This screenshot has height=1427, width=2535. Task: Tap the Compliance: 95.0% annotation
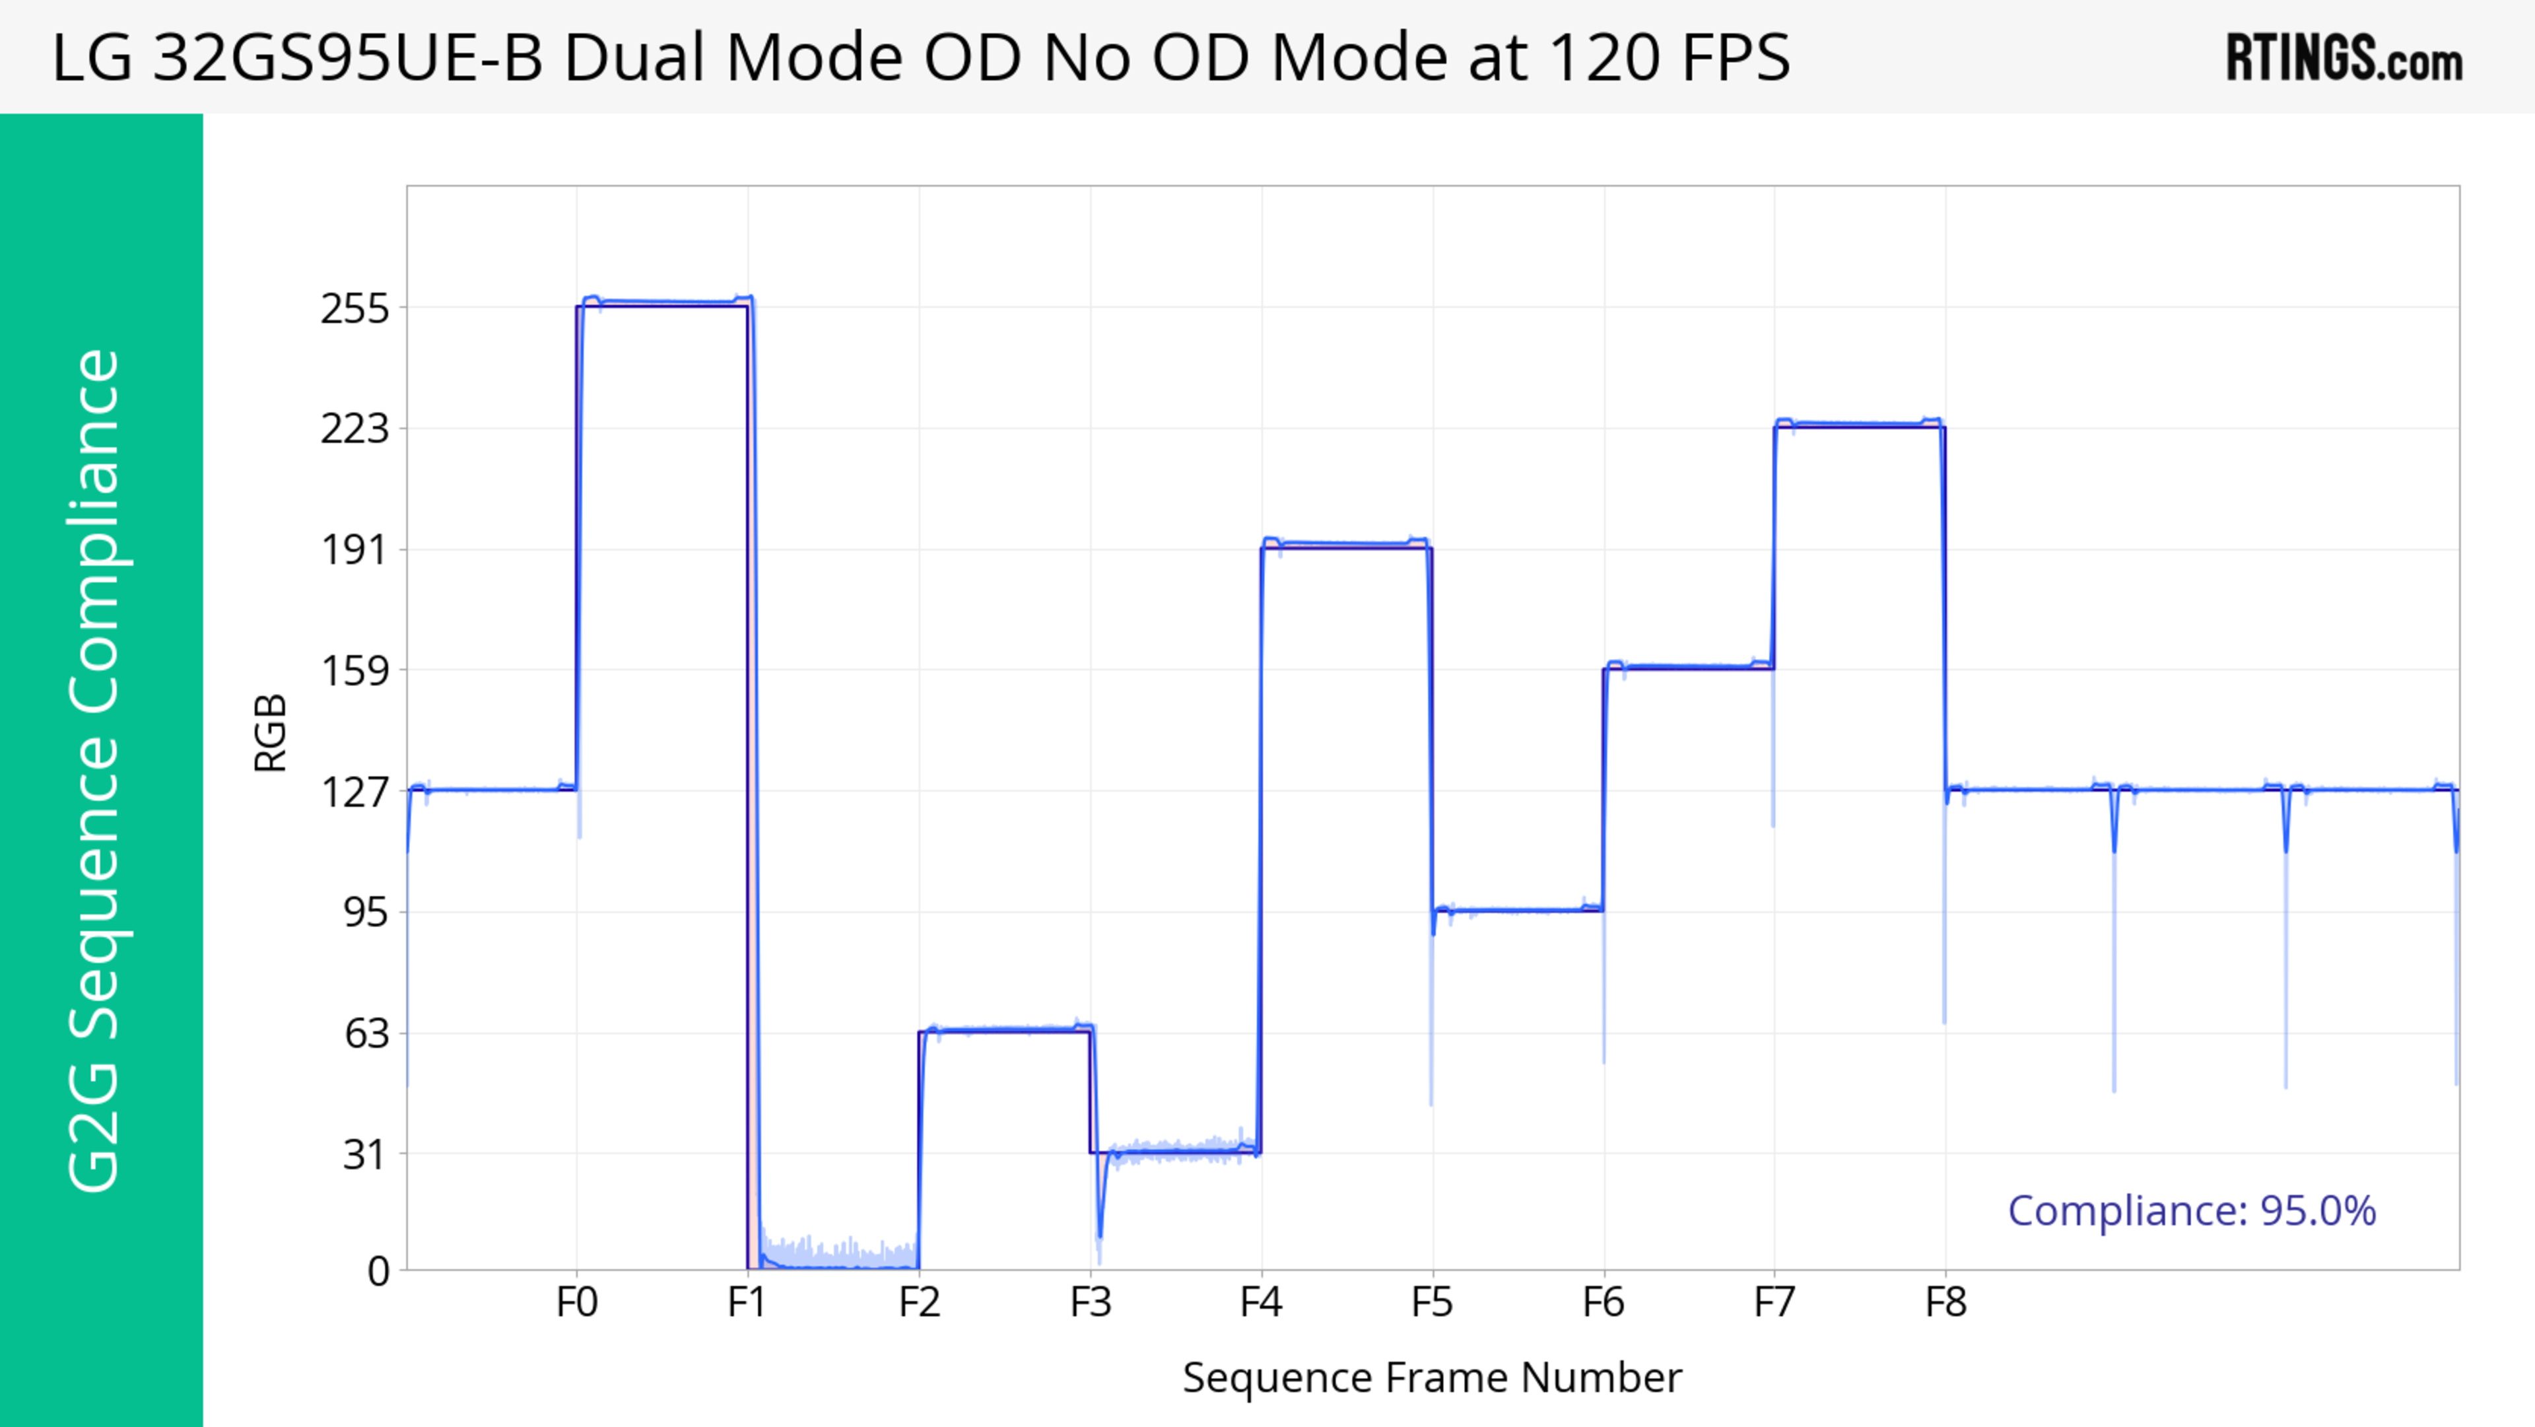coord(2192,1210)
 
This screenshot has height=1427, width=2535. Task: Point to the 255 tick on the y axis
coord(355,309)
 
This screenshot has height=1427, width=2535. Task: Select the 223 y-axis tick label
coord(355,429)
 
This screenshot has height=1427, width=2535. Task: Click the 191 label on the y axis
coord(355,550)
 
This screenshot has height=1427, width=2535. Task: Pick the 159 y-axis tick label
coord(355,671)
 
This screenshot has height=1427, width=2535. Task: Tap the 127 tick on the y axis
coord(355,791)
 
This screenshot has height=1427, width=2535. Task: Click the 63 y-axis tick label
coord(366,1033)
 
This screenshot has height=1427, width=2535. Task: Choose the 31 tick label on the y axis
coord(366,1154)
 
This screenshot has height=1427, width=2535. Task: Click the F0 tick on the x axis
coord(577,1303)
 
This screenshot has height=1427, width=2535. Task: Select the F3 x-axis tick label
coord(1091,1303)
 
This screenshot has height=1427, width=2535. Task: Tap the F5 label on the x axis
coord(1432,1303)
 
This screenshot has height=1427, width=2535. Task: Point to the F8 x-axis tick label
coord(1945,1303)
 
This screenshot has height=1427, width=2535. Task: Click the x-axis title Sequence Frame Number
coord(1432,1377)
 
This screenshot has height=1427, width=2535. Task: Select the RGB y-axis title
coord(271,733)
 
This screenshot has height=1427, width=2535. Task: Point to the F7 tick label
coord(1774,1303)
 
